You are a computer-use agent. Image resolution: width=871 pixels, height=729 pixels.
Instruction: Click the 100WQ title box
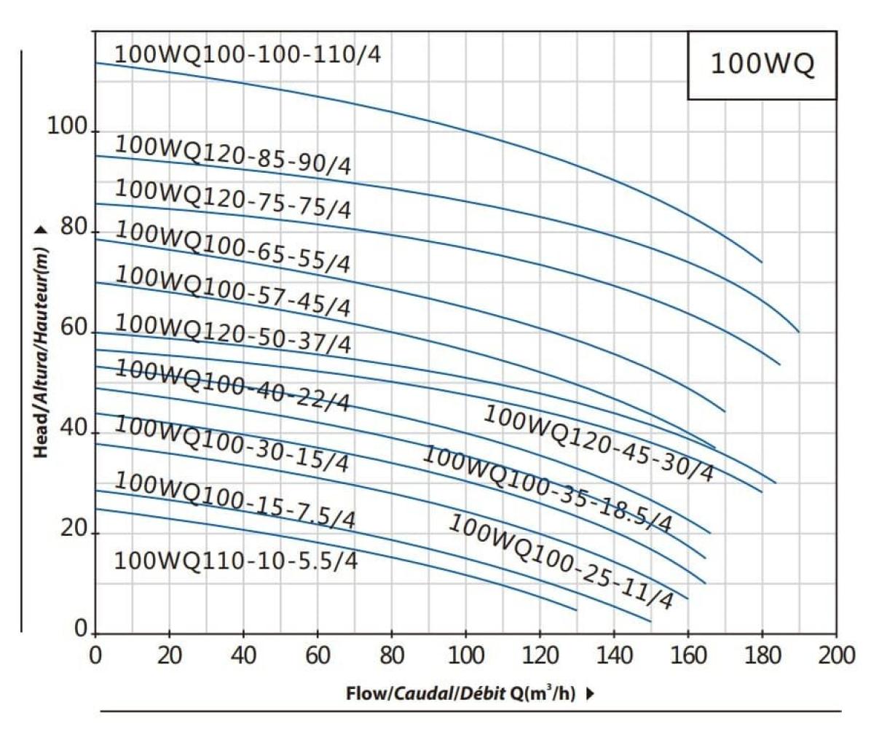coord(762,65)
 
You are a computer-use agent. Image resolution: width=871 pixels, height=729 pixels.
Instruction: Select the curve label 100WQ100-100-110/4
coord(248,55)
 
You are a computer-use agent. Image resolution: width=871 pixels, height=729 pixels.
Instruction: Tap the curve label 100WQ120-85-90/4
coord(233,155)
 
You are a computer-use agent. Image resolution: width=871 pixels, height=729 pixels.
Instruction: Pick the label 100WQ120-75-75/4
coord(233,199)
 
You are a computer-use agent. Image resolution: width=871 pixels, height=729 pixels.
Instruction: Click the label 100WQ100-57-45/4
coord(233,291)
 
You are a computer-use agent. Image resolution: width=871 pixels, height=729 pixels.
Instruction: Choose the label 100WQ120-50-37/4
coord(233,334)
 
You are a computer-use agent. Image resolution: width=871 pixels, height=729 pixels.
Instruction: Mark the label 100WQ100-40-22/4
coord(233,386)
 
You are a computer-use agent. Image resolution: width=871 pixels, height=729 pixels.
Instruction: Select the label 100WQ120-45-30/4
coord(599,443)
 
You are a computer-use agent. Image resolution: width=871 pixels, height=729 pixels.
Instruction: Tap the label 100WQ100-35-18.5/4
coord(547,489)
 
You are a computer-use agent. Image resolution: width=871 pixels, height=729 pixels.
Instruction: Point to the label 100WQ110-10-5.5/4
coord(236,561)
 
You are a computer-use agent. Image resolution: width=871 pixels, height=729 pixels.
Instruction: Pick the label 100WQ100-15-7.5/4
coord(235,501)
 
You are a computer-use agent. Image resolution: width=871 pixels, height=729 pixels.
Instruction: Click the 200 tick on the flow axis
coord(836,655)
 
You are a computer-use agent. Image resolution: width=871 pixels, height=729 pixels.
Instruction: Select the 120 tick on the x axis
coord(540,655)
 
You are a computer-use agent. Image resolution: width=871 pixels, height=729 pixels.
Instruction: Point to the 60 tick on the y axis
coord(73,329)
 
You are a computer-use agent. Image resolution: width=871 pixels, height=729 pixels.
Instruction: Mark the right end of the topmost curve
coord(762,262)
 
